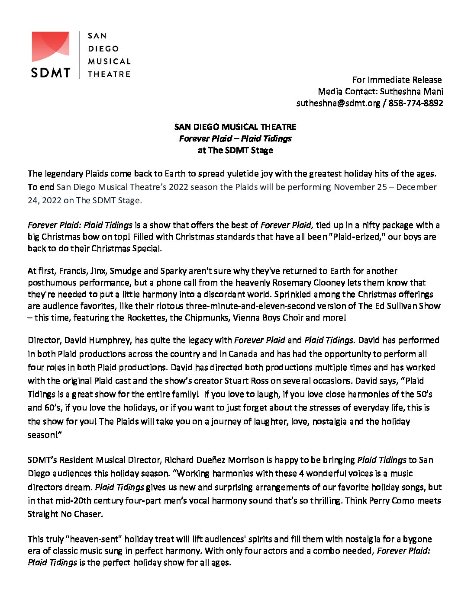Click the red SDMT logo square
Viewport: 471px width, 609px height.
[x=50, y=47]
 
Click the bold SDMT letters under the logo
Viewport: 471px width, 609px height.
[x=50, y=72]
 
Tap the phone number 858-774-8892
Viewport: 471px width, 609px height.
[x=416, y=103]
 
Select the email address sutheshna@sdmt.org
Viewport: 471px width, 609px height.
[x=338, y=103]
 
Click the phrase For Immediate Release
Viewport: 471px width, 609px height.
[x=397, y=80]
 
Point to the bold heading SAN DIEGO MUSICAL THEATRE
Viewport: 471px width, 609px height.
[x=235, y=127]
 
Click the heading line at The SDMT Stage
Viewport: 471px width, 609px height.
[x=235, y=151]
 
